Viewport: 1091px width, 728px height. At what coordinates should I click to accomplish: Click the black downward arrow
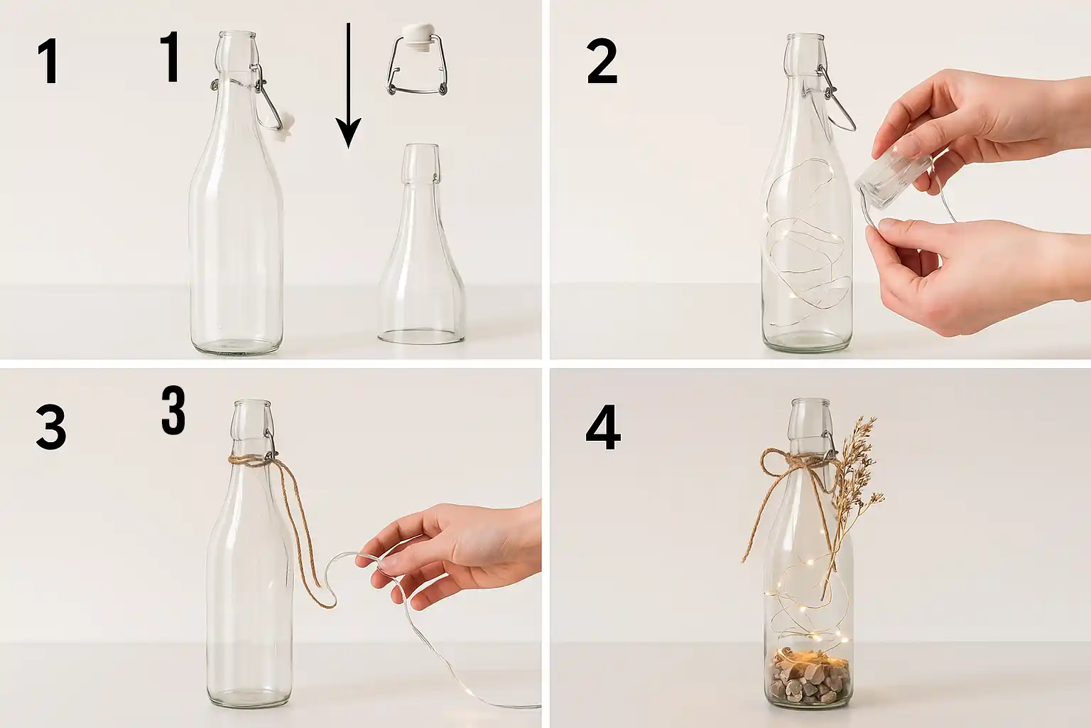(348, 85)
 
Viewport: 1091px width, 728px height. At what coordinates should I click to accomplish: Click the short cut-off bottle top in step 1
(421, 243)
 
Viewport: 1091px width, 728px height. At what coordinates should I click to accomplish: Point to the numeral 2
(602, 63)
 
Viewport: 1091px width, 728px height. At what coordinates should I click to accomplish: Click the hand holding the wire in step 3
(453, 555)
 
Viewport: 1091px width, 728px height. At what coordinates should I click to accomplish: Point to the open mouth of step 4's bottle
(810, 402)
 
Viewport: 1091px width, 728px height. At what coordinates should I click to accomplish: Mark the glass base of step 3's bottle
(250, 697)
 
